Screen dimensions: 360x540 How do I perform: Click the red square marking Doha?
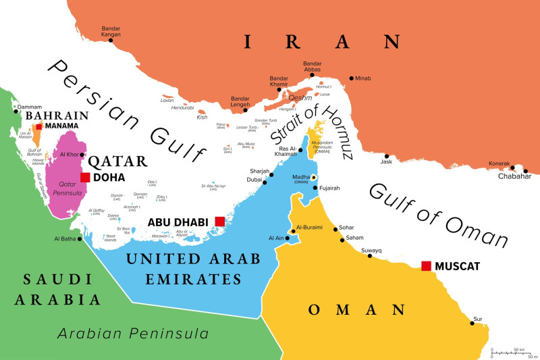(x=85, y=178)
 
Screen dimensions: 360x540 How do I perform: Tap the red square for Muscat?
(x=426, y=265)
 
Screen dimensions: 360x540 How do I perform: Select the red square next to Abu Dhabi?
(x=219, y=222)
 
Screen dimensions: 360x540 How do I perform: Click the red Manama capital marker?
(x=39, y=126)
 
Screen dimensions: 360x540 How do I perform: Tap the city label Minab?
(x=362, y=78)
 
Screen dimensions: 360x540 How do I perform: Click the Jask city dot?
(x=387, y=156)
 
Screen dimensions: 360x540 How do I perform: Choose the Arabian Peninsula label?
(x=132, y=334)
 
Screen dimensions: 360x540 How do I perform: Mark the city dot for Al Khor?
(x=82, y=155)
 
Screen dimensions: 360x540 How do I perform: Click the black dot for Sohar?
(x=335, y=229)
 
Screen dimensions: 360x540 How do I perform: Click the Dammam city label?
(x=29, y=107)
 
